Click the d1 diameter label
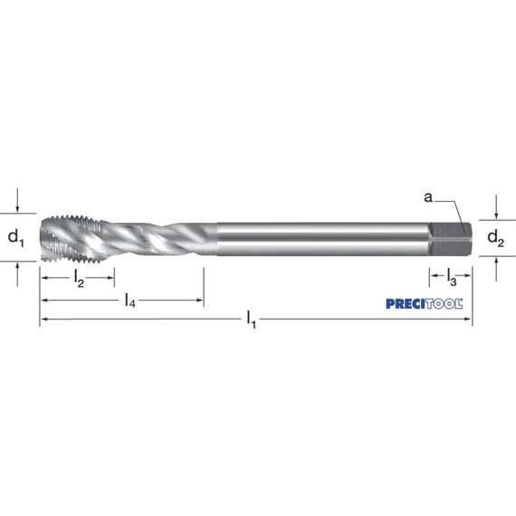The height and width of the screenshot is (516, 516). pos(15,238)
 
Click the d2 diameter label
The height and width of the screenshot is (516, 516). pos(495,238)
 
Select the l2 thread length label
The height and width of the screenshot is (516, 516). pos(79,279)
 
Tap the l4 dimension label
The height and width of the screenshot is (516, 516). pos(130,301)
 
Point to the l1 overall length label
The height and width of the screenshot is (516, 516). pos(252,320)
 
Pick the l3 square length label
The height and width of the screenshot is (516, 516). pos(452,276)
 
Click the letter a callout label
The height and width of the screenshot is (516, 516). pos(428,197)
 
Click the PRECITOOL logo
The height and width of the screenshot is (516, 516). pos(425,304)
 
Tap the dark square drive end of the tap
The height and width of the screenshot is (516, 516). pos(450,239)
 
